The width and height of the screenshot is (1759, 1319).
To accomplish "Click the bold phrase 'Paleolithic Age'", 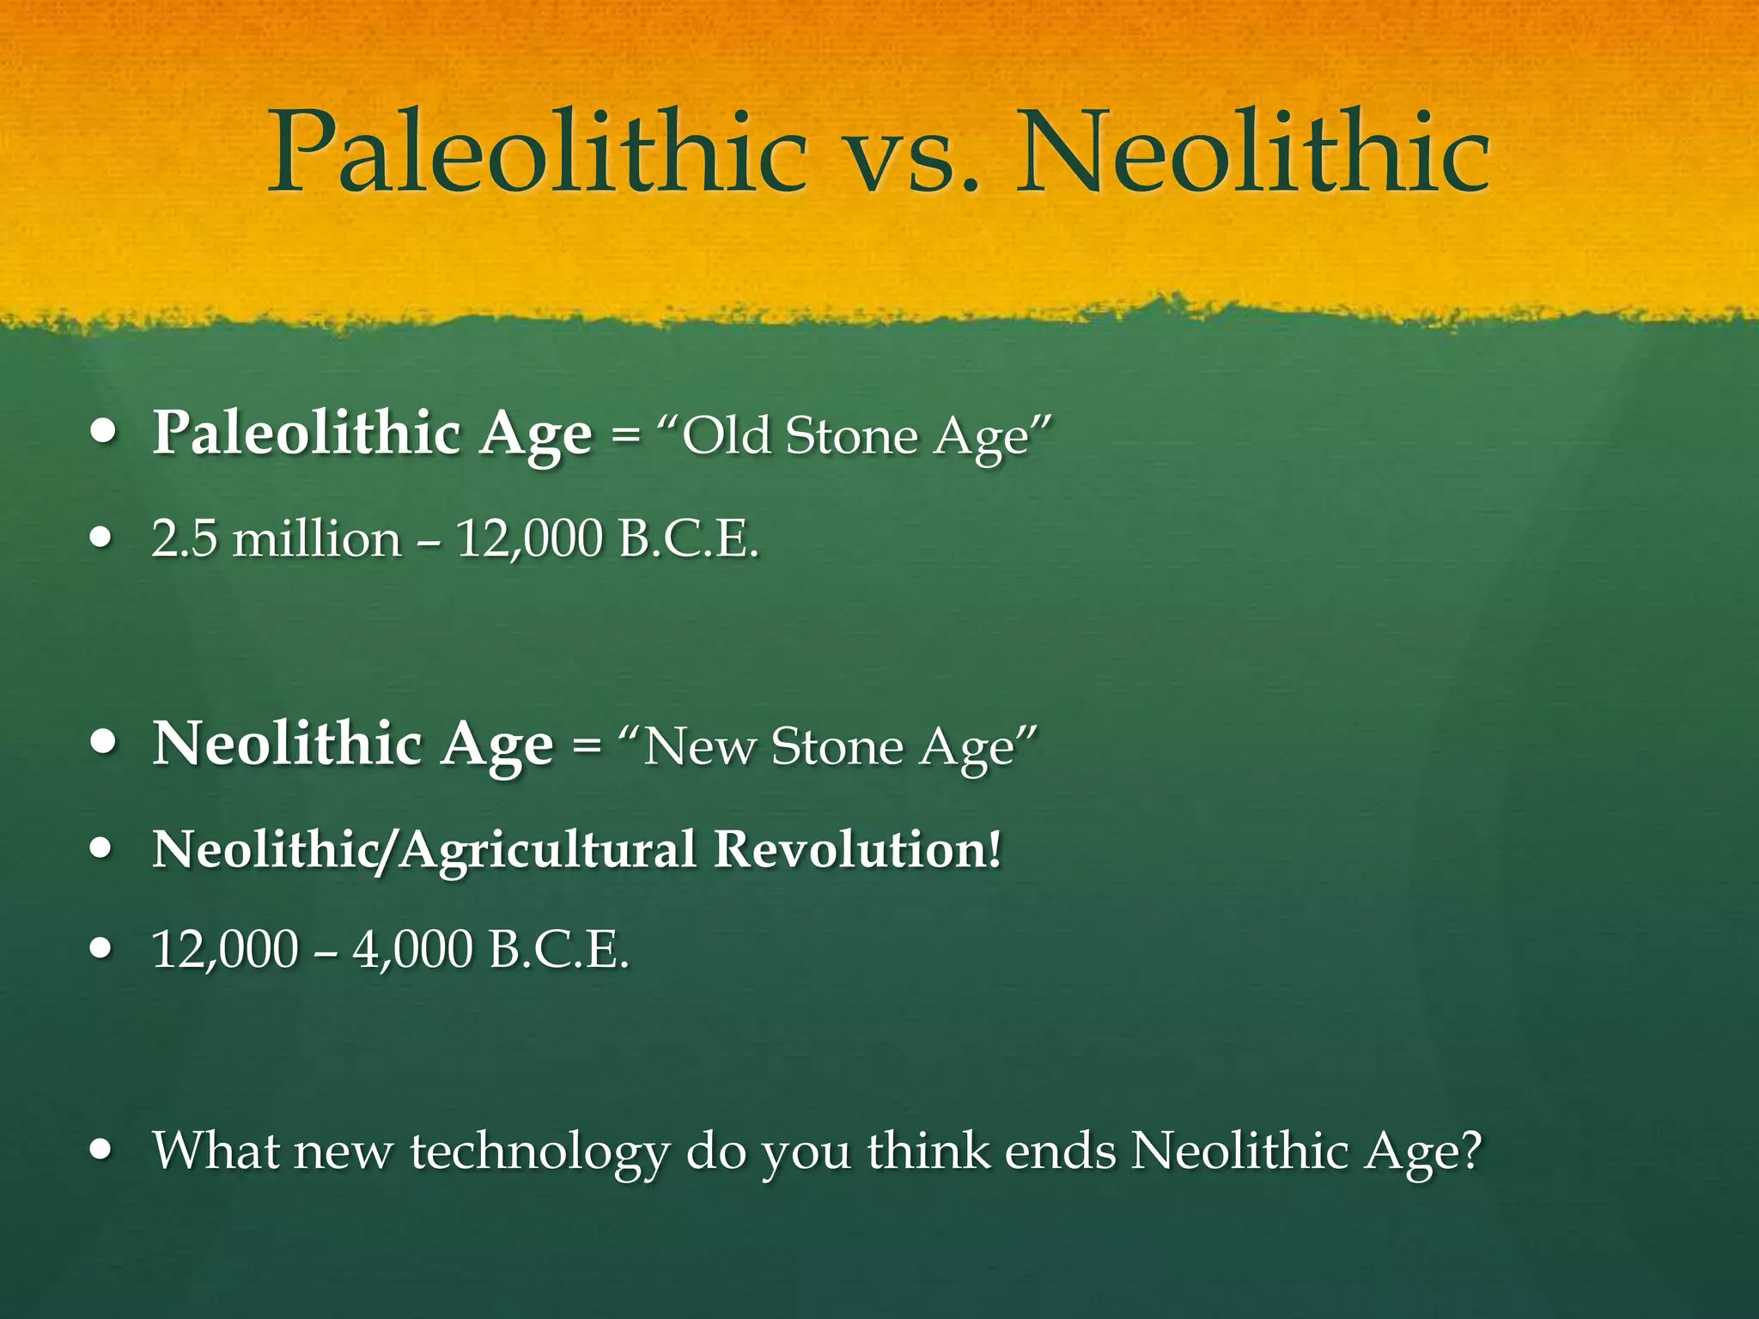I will pyautogui.click(x=372, y=434).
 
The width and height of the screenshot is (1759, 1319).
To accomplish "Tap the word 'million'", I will pyautogui.click(x=317, y=539).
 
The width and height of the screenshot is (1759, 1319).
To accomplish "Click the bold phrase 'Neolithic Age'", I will pyautogui.click(x=353, y=745).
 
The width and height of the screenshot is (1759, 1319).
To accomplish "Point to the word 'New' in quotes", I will pyautogui.click(x=700, y=746).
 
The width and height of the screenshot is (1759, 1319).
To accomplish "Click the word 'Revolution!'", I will pyautogui.click(x=857, y=849).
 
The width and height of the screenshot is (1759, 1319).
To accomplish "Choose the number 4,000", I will pyautogui.click(x=412, y=950).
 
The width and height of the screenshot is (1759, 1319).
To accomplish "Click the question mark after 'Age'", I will pyautogui.click(x=1470, y=1150).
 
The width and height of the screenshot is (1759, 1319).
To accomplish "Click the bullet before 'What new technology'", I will pyautogui.click(x=102, y=1150).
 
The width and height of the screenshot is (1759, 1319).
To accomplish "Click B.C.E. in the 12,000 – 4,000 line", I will pyautogui.click(x=557, y=950).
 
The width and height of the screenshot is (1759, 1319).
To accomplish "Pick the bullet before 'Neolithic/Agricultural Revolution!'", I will pyautogui.click(x=102, y=849).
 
